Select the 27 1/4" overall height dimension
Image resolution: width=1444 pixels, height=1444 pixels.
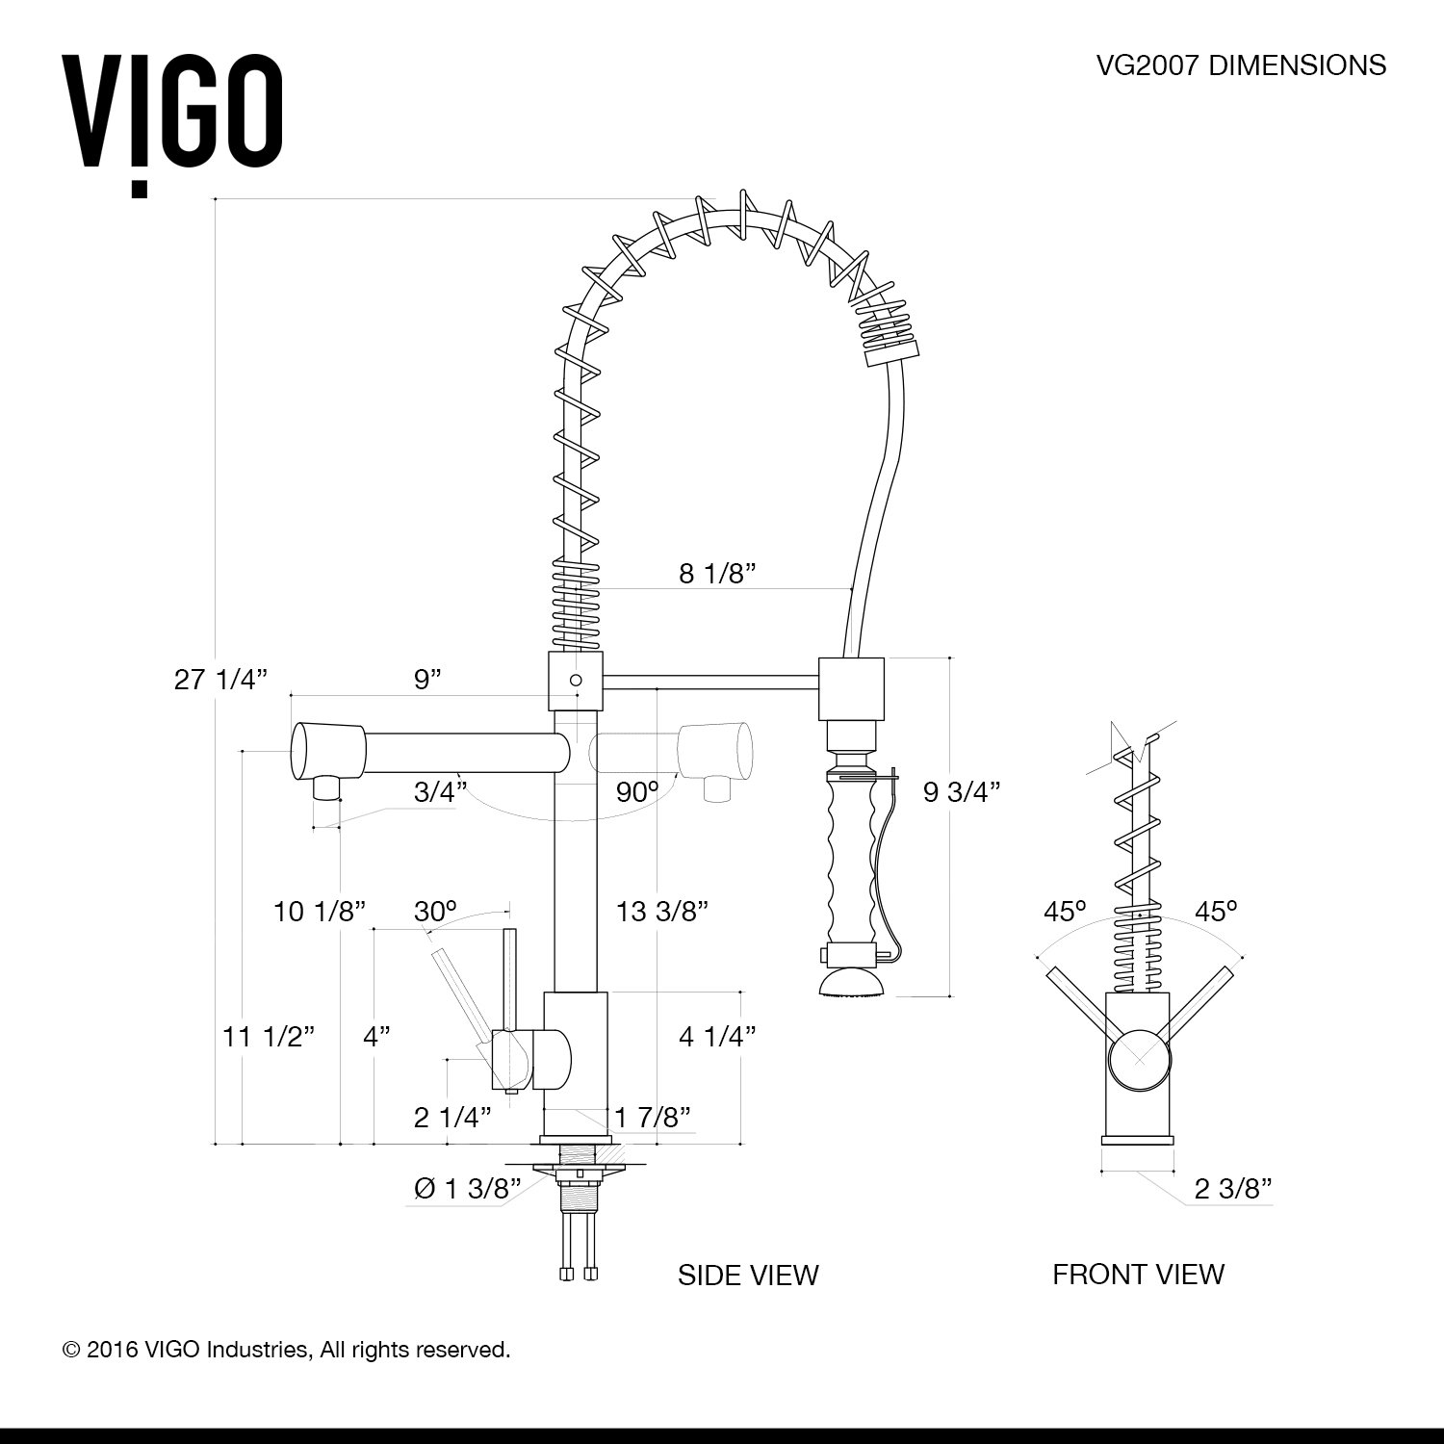(x=219, y=680)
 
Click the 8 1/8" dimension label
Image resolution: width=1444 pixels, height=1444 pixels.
(x=716, y=574)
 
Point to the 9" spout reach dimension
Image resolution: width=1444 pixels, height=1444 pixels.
(x=427, y=680)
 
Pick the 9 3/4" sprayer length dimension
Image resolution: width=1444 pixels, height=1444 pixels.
(x=962, y=791)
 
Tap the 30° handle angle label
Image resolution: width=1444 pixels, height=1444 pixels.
(x=435, y=911)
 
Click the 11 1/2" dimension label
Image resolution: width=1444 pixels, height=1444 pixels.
(x=269, y=1037)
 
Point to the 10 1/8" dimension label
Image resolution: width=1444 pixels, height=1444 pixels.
(x=320, y=911)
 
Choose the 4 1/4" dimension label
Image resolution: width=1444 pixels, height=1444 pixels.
(x=716, y=1037)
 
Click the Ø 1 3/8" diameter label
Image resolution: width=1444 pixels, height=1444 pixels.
(x=467, y=1189)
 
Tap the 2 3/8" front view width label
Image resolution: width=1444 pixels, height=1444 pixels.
(x=1233, y=1189)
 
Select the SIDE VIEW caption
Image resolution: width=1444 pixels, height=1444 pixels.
(x=748, y=1275)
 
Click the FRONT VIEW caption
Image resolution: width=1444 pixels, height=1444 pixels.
(x=1138, y=1275)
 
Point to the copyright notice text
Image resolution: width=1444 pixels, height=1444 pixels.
(x=286, y=1350)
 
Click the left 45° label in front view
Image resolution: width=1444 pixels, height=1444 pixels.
(x=1065, y=911)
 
